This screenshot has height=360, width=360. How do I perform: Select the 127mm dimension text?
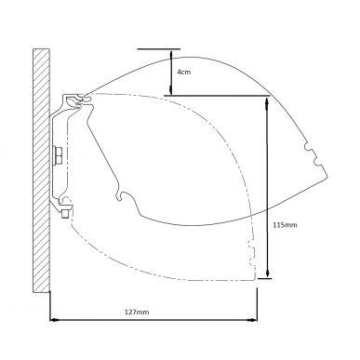[136, 311]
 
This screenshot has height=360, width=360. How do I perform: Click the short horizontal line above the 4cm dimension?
[154, 48]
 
